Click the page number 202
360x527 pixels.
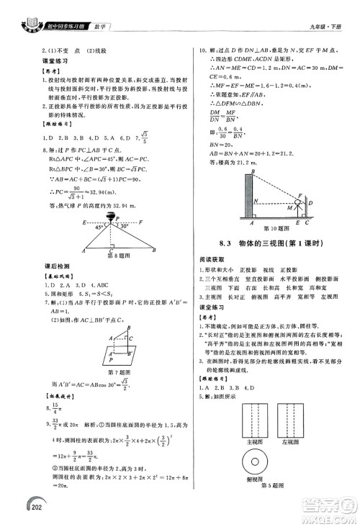[17, 512]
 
